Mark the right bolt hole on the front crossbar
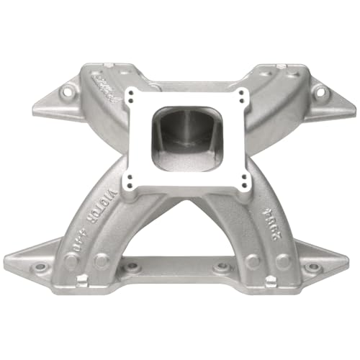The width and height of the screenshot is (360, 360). coord(225,268)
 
